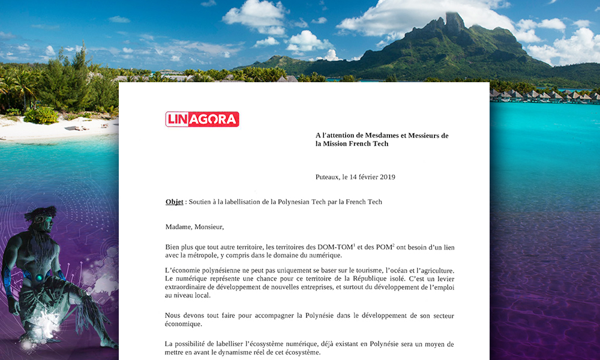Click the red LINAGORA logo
point(202,119)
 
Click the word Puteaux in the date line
point(328,177)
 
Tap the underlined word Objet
point(174,202)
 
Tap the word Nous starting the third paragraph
point(174,316)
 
